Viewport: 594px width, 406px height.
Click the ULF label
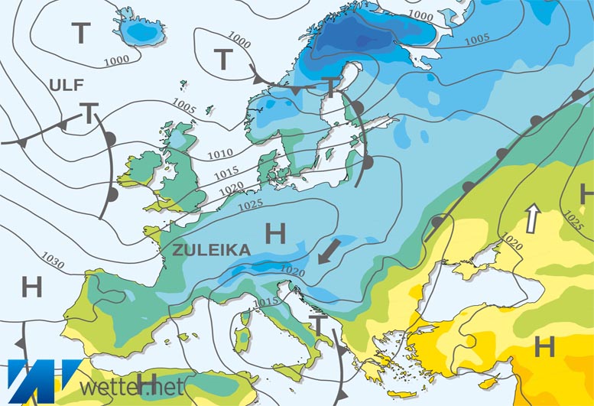click(x=67, y=85)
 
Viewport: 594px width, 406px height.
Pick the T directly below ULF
click(x=89, y=114)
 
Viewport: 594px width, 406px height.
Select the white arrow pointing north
click(x=530, y=219)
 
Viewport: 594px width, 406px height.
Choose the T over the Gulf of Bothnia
click(x=331, y=86)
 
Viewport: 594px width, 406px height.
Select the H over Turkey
click(x=544, y=347)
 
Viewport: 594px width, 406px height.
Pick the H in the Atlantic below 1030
click(x=31, y=287)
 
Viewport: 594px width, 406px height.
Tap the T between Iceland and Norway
click(x=222, y=58)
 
